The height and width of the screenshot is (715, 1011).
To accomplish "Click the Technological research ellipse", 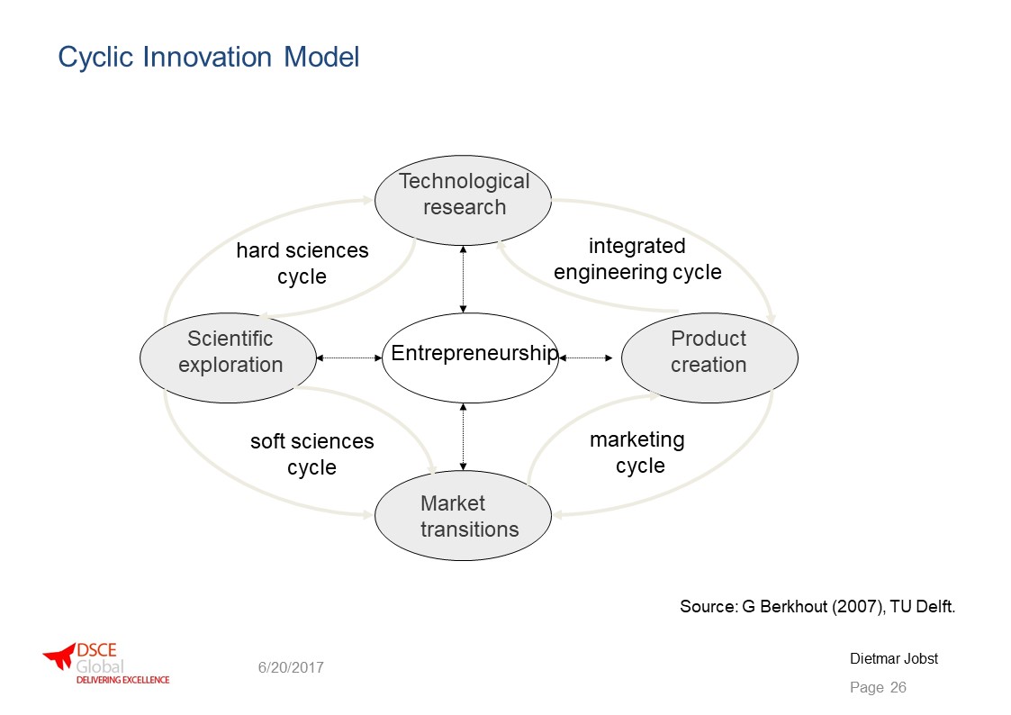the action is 463,200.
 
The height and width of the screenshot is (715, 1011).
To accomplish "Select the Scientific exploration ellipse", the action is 229,357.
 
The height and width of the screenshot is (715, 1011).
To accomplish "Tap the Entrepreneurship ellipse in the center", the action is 471,357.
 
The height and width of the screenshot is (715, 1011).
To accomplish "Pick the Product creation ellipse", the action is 709,357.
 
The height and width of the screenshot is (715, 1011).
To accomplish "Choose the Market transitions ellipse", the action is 463,516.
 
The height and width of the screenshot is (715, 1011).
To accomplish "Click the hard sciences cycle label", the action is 302,263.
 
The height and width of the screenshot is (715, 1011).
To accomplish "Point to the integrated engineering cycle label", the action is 637,258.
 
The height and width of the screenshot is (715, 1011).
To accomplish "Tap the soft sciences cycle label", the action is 312,454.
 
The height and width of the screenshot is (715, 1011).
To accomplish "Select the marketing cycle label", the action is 637,452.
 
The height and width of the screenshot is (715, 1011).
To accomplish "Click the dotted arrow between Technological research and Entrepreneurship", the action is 463,279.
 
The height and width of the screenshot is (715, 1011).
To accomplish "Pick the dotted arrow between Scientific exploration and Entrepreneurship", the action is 349,357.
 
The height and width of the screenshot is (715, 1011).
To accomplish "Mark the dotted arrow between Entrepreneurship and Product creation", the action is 585,357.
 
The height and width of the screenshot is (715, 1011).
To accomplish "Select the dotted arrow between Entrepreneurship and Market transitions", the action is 463,437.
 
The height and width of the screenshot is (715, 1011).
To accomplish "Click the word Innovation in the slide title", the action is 207,57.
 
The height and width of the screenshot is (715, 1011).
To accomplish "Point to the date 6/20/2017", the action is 291,668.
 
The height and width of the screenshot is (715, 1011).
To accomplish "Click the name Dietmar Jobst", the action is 894,659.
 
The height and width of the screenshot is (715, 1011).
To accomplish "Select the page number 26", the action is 898,687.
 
